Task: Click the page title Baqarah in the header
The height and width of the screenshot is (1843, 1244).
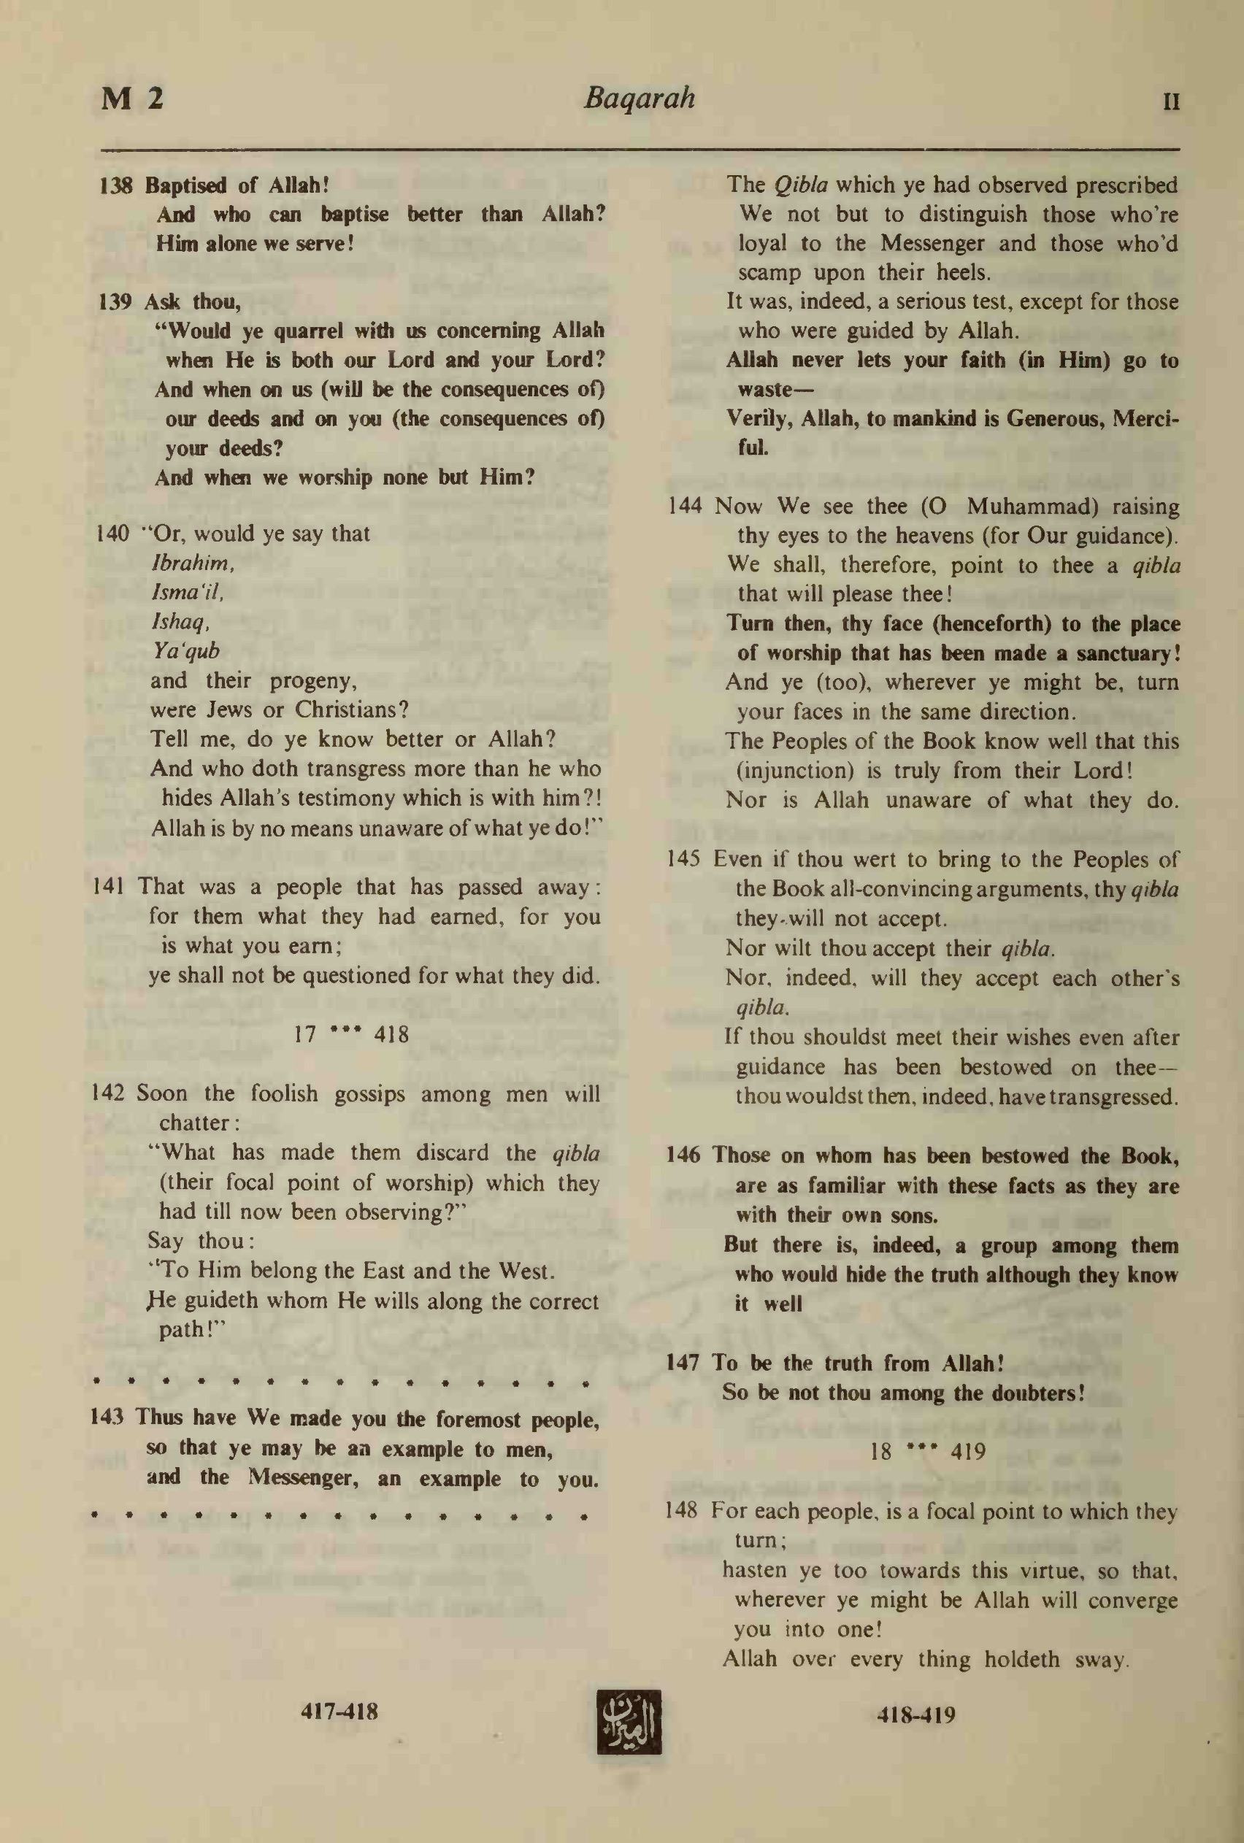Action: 639,99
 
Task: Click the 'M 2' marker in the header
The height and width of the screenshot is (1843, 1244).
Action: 132,99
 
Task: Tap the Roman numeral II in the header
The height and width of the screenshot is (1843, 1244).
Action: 1170,102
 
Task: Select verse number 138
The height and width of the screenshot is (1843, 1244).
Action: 115,185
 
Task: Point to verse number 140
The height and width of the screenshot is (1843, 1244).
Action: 112,534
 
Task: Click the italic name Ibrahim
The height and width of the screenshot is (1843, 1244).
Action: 192,563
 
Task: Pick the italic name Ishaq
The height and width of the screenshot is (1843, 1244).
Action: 180,622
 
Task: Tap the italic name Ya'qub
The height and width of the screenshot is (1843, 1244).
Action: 185,651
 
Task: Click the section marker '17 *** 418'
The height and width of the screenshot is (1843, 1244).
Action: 351,1034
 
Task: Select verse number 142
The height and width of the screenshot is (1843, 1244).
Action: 109,1093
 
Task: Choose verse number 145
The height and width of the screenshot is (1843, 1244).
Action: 683,860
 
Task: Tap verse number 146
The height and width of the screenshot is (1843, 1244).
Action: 683,1155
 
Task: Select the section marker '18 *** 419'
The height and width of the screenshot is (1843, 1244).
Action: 926,1452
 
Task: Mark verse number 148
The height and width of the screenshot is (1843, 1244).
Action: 680,1510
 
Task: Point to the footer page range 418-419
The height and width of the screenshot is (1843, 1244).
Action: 915,1715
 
